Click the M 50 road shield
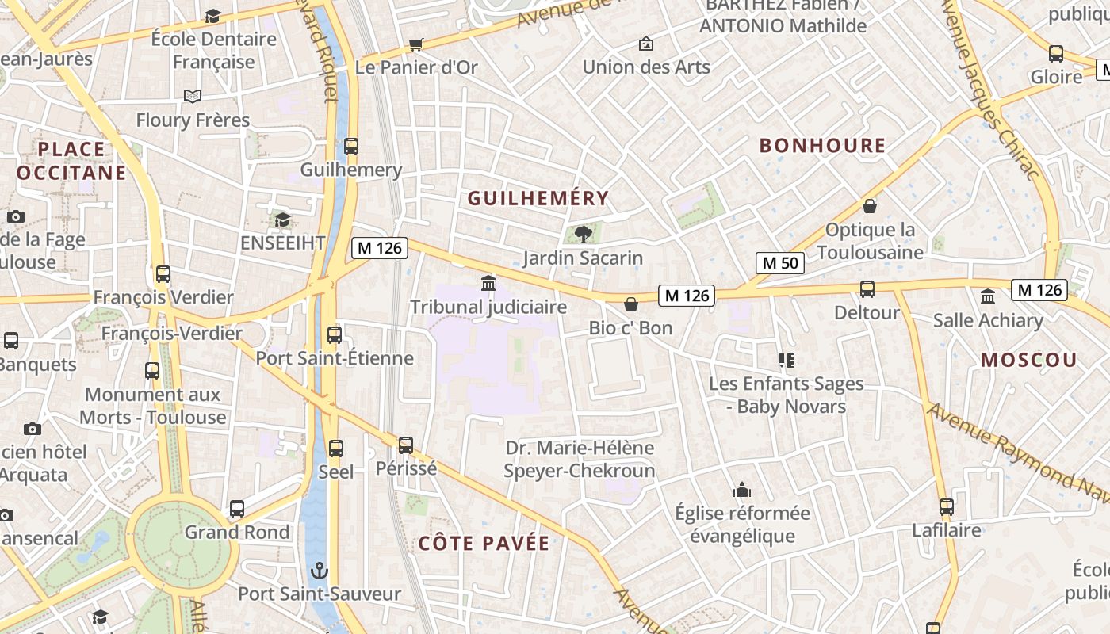780,263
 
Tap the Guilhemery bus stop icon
351,147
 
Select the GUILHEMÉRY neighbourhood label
538,198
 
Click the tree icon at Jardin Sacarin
583,234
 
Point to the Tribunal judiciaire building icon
488,283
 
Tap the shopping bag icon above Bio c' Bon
631,304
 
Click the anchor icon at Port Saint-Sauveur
319,571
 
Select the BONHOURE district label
822,146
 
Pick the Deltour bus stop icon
867,289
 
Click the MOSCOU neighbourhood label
1029,361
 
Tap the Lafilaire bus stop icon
946,507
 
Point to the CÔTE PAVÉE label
484,544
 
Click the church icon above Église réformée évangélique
742,490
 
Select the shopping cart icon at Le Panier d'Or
416,44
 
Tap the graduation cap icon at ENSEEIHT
282,220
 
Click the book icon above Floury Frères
193,97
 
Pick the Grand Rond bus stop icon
237,509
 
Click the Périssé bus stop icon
406,445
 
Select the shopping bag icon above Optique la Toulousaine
870,206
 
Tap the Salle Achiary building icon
988,297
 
